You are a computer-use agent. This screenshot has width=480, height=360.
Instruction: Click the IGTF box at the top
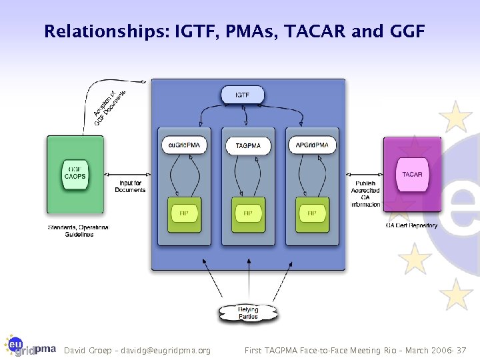pyautogui.click(x=243, y=95)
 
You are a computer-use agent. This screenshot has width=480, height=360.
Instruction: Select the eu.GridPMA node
pyautogui.click(x=185, y=145)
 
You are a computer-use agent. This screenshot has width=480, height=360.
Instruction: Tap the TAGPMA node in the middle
pyautogui.click(x=248, y=145)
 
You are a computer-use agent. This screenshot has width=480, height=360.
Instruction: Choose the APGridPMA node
pyautogui.click(x=311, y=145)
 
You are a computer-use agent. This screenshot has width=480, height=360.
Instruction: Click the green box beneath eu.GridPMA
pyautogui.click(x=184, y=214)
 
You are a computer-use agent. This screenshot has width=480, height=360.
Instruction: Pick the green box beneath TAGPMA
pyautogui.click(x=248, y=214)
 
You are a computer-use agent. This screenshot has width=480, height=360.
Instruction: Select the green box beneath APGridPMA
pyautogui.click(x=311, y=214)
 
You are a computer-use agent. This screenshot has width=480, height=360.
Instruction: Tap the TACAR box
pyautogui.click(x=412, y=175)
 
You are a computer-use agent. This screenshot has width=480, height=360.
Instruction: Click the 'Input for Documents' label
pyautogui.click(x=130, y=186)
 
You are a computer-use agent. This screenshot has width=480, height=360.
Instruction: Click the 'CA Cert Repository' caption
pyautogui.click(x=411, y=225)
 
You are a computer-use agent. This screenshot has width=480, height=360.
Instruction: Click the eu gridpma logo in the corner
pyautogui.click(x=29, y=345)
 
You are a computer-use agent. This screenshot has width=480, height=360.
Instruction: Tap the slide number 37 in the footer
pyautogui.click(x=461, y=350)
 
